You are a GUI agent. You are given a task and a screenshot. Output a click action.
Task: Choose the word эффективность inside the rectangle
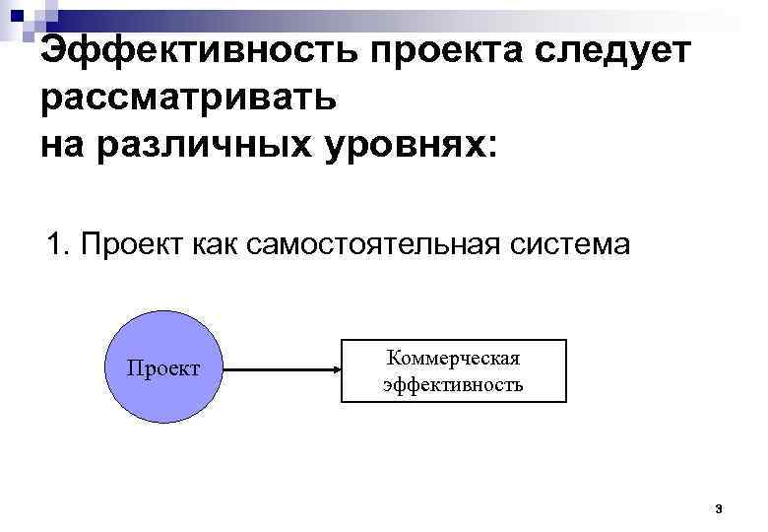pos(454,384)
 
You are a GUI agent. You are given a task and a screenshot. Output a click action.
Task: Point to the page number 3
pos(719,509)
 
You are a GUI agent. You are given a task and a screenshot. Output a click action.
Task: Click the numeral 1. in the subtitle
pos(59,243)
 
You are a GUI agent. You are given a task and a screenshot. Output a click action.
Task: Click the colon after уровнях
pos(492,146)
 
